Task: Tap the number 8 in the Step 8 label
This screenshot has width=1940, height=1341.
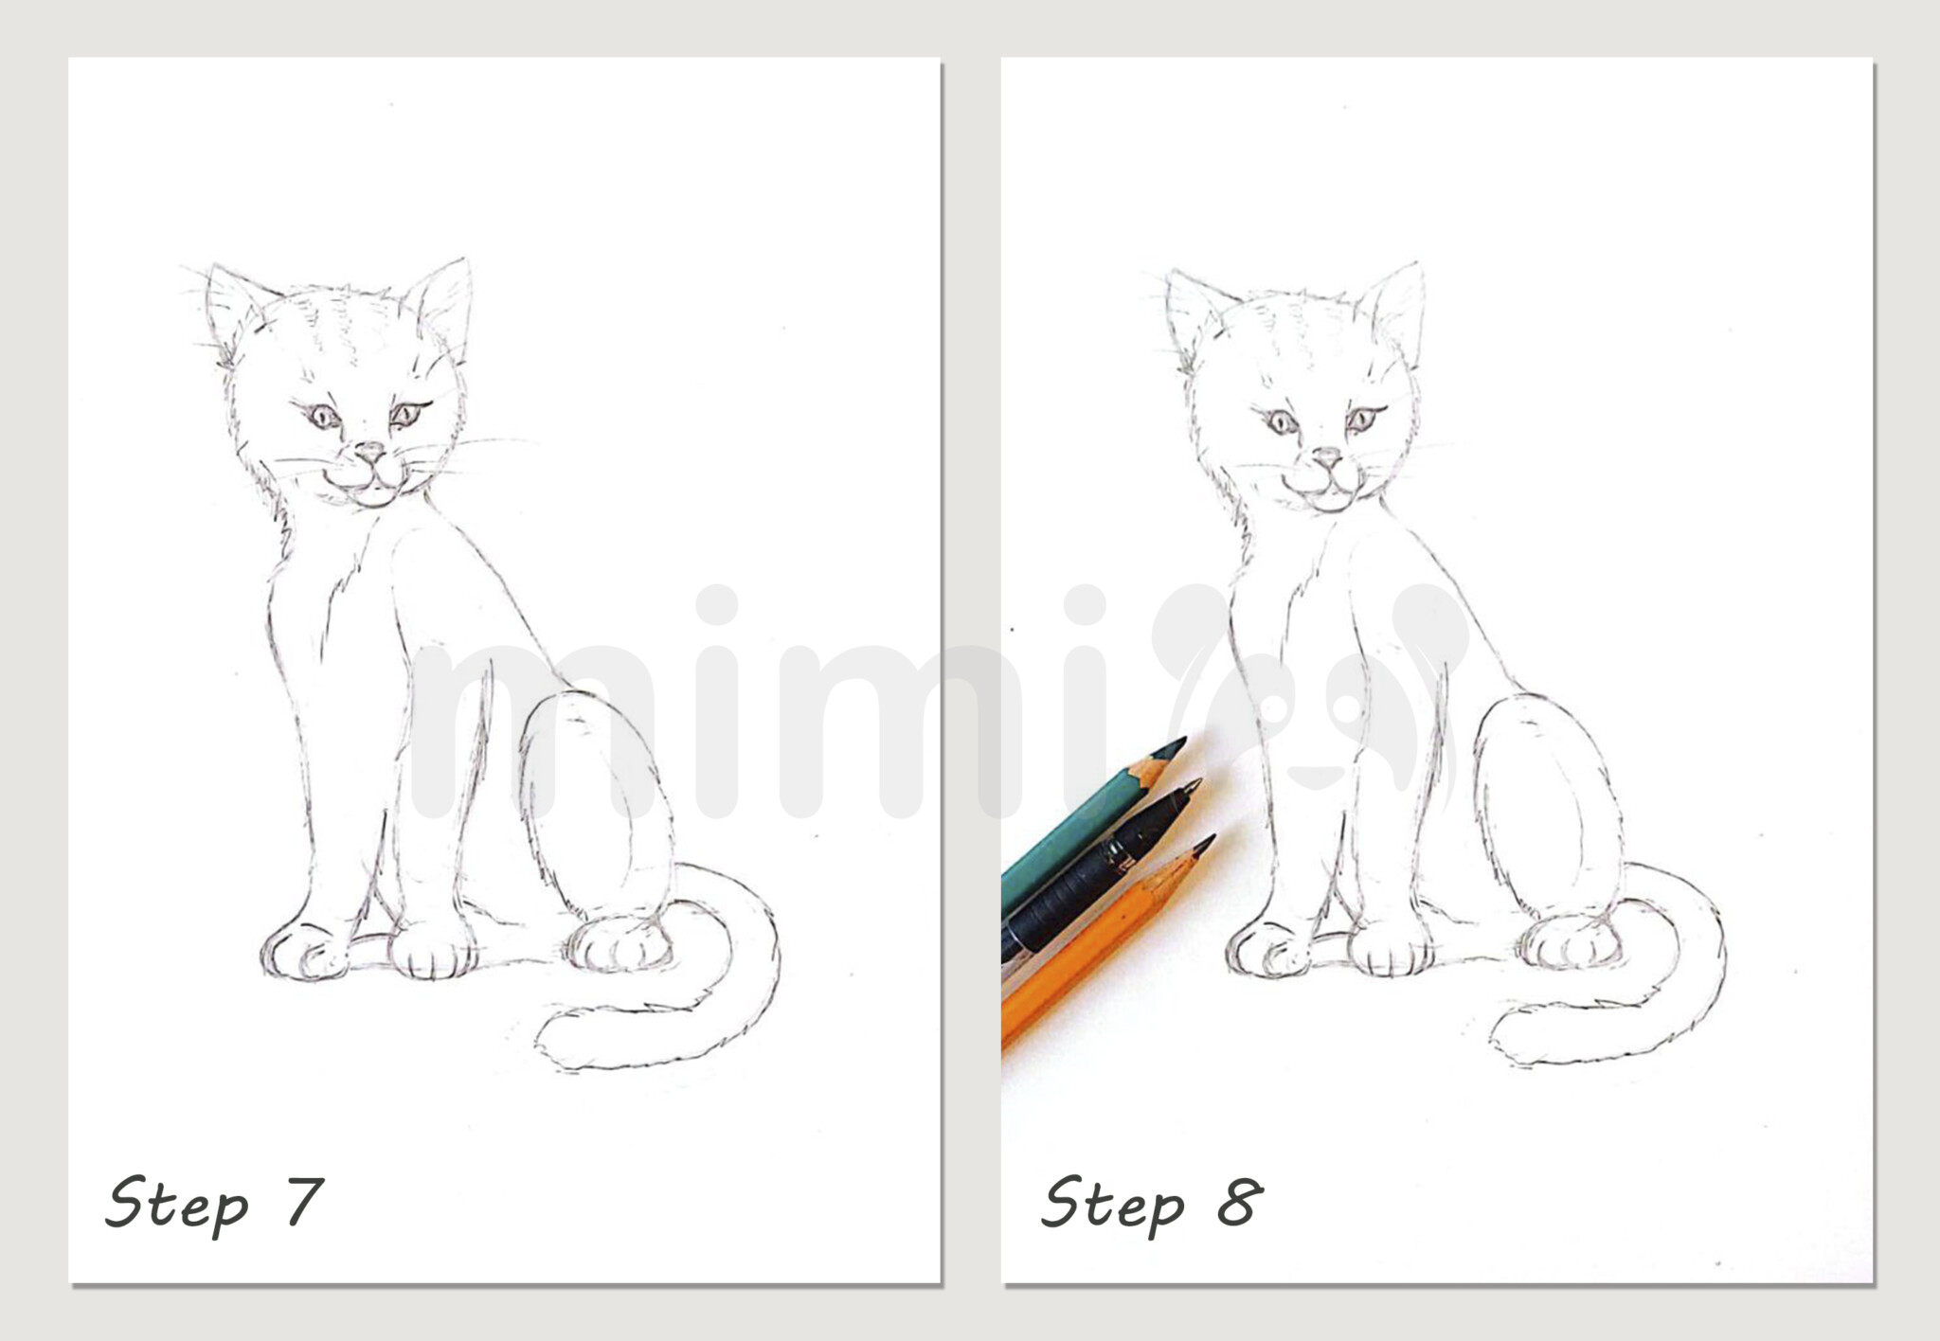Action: coord(1239,1201)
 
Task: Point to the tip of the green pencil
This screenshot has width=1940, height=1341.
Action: coord(1179,743)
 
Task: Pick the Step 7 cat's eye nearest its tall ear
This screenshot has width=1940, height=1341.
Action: coord(406,415)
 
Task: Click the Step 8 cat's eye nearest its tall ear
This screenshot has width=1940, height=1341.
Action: coord(1362,418)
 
